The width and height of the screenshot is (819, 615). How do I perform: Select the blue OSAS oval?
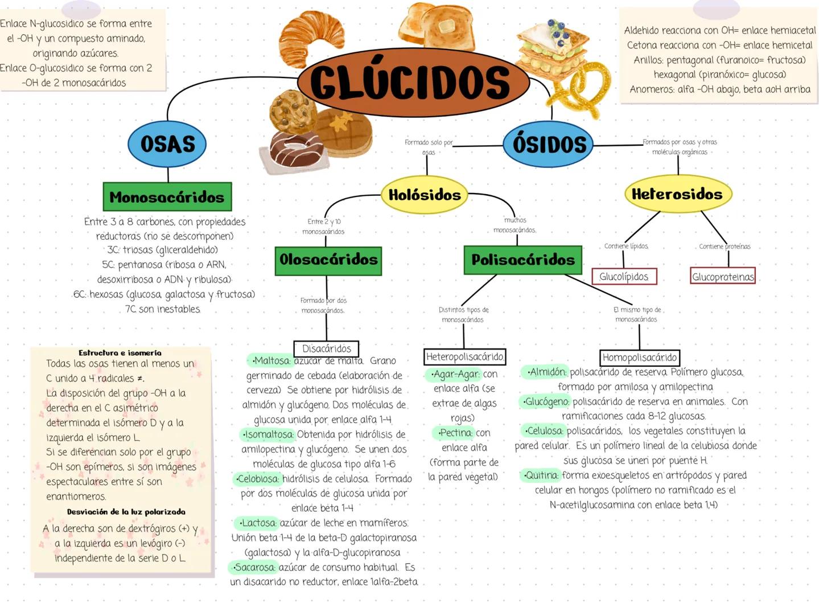167,144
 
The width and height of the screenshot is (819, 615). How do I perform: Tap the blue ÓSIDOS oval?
549,144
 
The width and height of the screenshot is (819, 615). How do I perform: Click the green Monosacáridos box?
167,197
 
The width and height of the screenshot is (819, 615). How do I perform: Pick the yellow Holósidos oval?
425,195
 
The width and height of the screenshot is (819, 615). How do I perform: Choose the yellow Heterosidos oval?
677,194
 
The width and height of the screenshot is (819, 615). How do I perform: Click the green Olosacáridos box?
328,260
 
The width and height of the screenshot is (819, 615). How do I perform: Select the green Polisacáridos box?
522,260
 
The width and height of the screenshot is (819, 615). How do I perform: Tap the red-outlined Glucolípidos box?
624,277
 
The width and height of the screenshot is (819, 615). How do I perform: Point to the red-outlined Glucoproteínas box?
722,277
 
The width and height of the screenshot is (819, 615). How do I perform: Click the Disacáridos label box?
326,348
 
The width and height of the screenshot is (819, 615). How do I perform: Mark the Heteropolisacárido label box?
464,357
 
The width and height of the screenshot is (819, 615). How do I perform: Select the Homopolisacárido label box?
640,358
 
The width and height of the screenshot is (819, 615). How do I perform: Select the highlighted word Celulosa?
544,430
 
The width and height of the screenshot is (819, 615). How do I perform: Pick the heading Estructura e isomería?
120,353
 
